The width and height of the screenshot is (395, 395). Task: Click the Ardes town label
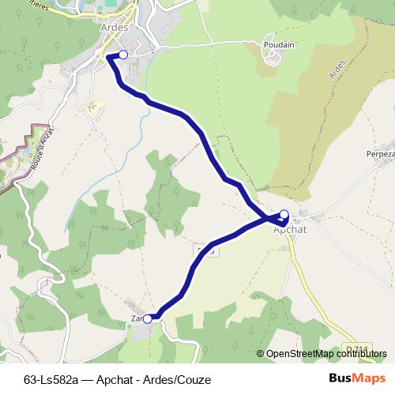[115, 25]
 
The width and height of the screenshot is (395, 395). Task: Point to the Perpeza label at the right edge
[381, 155]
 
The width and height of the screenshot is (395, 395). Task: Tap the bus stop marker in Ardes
[122, 55]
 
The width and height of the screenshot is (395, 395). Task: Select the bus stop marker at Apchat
[284, 214]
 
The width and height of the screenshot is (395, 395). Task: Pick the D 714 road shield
[358, 349]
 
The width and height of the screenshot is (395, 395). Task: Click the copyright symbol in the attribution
[261, 354]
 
